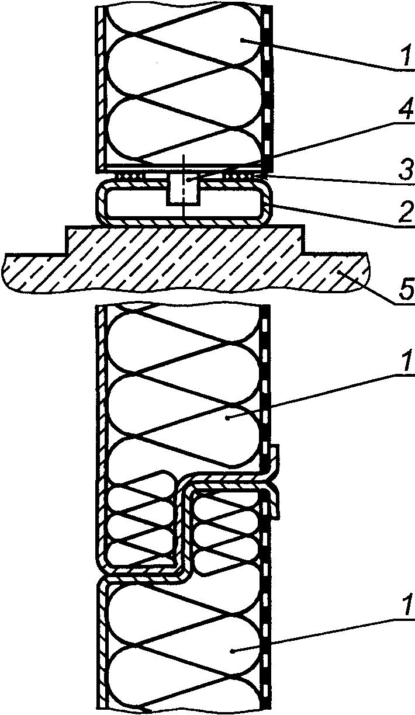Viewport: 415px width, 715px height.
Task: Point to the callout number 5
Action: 407,288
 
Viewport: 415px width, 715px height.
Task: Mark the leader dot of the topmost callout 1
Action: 242,39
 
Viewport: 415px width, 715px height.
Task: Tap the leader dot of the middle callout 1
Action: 227,418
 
